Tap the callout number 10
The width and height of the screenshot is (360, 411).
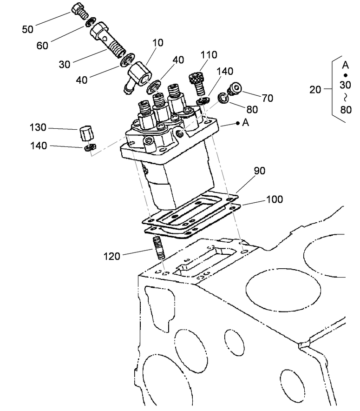(x=157, y=43)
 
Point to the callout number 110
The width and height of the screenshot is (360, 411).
(x=209, y=55)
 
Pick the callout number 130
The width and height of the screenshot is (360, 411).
(x=39, y=128)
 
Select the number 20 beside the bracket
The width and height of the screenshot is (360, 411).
(x=315, y=90)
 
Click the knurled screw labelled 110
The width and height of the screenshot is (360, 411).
(x=196, y=83)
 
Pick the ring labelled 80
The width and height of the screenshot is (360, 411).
(x=225, y=98)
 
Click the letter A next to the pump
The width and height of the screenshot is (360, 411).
(x=246, y=123)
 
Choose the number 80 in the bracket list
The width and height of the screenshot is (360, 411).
(x=345, y=111)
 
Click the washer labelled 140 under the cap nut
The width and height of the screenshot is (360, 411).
(x=90, y=148)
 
